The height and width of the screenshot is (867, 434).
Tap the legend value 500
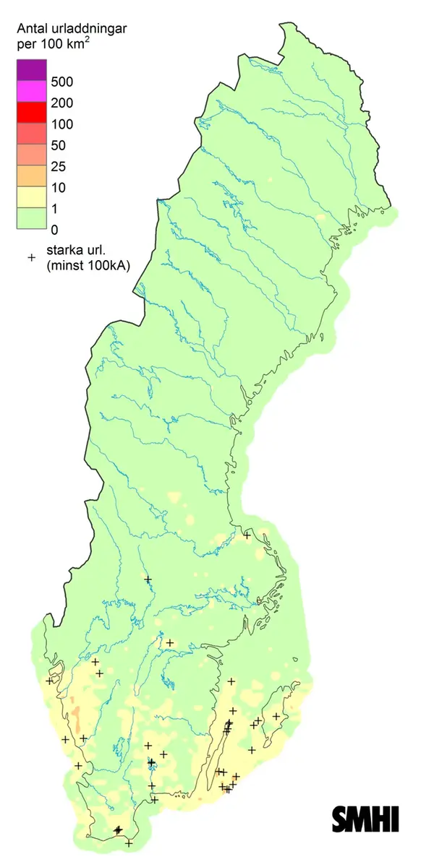coord(63,82)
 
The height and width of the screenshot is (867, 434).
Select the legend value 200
coord(63,103)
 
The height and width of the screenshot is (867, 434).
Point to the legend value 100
coord(63,124)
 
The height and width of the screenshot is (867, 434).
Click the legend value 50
coord(59,145)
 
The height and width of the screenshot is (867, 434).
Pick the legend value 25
coord(59,166)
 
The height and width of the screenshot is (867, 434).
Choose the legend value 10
coord(59,188)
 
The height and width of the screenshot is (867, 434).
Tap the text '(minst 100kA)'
coord(88,266)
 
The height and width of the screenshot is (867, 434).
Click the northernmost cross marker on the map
coord(247,535)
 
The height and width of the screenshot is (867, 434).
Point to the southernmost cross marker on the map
coord(129,843)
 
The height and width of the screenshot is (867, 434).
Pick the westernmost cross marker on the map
coord(50,681)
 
